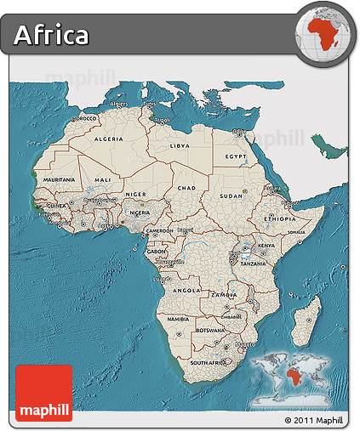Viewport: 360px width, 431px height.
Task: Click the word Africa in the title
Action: click(51, 35)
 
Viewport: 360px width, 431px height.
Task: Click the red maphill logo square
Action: click(43, 392)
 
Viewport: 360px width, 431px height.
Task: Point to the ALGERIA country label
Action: click(108, 139)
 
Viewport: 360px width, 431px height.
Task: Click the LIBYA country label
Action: click(180, 145)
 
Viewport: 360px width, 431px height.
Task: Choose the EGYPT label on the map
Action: click(236, 157)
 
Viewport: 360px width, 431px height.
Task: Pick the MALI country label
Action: click(103, 180)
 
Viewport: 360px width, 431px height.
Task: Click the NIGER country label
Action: click(136, 194)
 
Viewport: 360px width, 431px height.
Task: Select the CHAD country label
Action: click(187, 188)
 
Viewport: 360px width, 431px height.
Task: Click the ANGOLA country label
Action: click(186, 290)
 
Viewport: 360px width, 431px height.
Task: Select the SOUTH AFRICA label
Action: click(209, 362)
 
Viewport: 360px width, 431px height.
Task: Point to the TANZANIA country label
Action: click(253, 264)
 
